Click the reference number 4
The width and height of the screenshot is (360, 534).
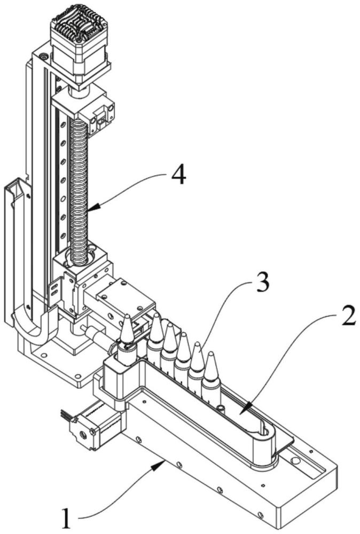178,176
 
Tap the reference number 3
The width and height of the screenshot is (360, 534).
262,282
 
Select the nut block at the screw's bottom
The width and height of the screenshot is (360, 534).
82,269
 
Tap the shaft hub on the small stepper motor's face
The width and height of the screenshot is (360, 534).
82,434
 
